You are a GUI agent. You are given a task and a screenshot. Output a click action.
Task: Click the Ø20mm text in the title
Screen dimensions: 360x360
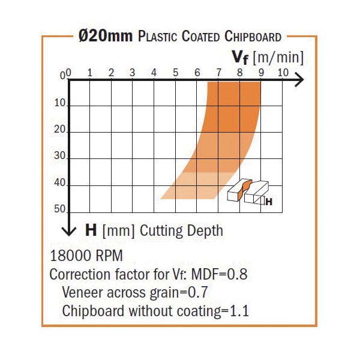pos(106,37)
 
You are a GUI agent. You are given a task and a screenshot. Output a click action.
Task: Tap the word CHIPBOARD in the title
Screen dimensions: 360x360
pos(247,37)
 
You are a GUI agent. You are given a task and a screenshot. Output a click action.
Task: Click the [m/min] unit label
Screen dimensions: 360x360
pos(278,58)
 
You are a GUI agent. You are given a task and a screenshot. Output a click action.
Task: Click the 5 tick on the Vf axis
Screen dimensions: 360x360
pos(176,73)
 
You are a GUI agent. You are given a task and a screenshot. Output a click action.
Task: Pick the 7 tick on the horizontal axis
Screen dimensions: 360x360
pos(218,73)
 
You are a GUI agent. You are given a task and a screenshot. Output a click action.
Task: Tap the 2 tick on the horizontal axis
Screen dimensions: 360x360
pos(112,73)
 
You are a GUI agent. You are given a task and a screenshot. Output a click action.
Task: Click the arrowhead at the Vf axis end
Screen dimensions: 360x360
pos(299,80)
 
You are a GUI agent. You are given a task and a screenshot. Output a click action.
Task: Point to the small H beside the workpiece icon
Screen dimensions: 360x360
pos(269,202)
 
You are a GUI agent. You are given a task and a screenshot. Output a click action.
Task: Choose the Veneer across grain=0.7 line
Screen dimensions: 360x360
pos(139,293)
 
